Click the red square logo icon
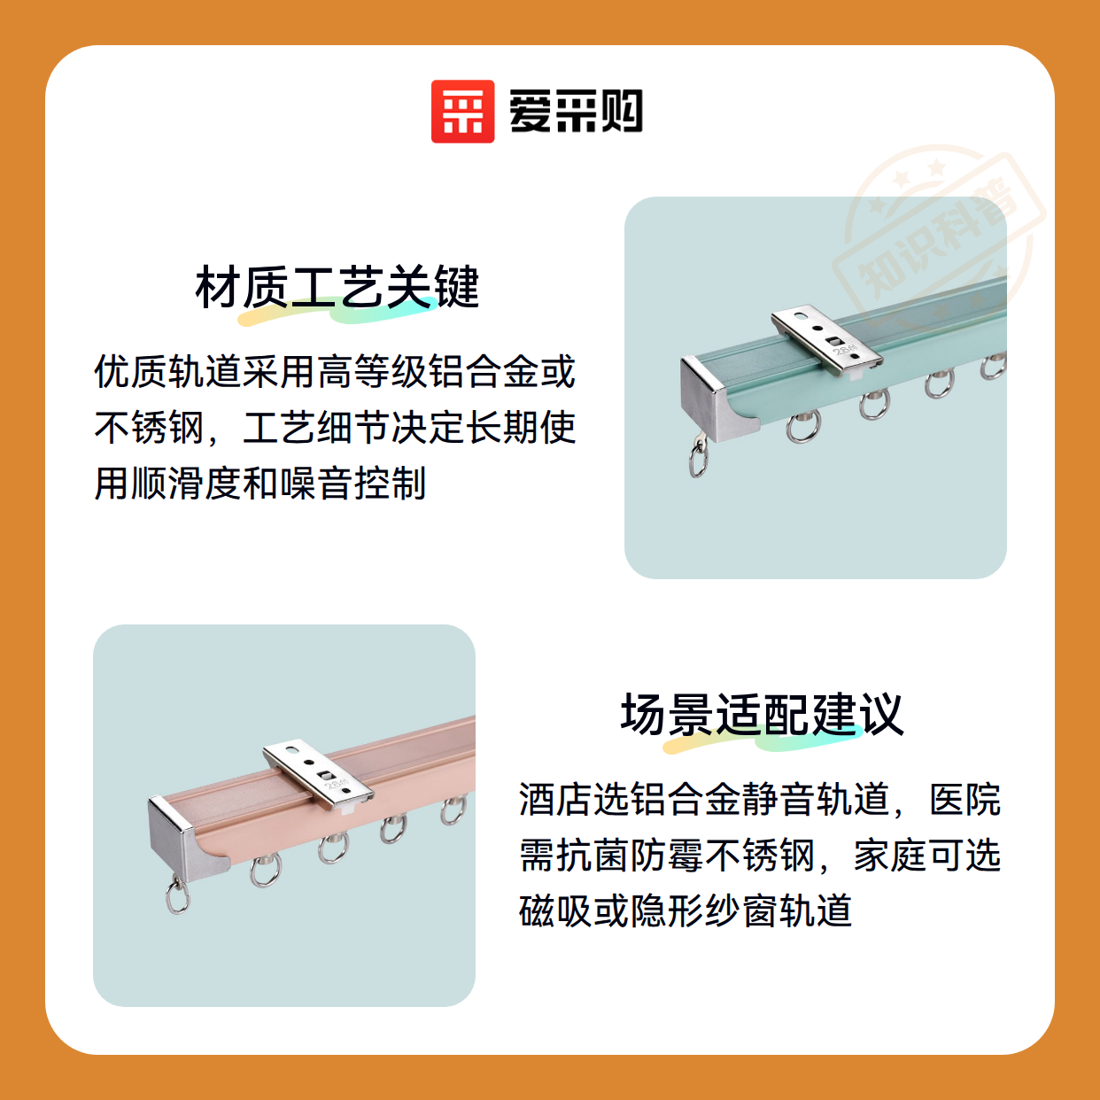[462, 112]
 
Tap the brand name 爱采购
[576, 112]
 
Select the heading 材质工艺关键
[337, 287]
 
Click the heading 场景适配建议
[762, 714]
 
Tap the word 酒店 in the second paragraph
[555, 799]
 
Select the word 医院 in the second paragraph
[964, 799]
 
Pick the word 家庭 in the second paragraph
[890, 855]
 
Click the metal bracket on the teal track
[827, 341]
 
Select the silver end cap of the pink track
[184, 838]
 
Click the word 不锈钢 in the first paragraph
[150, 428]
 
